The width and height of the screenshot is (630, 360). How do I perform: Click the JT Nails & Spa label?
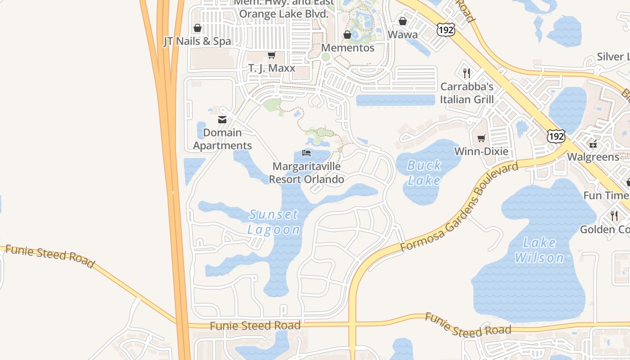[x=197, y=41]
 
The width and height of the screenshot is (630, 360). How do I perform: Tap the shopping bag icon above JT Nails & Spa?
[x=197, y=28]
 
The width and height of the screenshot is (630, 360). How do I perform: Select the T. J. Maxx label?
[x=272, y=68]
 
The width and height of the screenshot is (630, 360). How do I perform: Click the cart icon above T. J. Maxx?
[x=271, y=55]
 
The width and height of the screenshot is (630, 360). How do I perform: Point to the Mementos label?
[x=348, y=48]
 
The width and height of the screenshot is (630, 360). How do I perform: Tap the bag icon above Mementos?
[x=347, y=35]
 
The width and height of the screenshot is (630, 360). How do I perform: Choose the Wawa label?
[x=403, y=35]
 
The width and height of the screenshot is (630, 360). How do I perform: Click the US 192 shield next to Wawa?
[x=445, y=30]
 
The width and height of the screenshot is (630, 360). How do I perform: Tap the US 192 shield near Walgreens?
[x=556, y=136]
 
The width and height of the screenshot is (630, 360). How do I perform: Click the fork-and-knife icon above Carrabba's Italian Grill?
[x=467, y=73]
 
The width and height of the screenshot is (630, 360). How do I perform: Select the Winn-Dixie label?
[x=481, y=151]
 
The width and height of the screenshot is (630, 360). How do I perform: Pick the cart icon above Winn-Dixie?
[x=481, y=138]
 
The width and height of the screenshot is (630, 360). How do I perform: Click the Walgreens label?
[x=593, y=157]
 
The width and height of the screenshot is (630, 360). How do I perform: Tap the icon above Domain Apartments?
[x=222, y=120]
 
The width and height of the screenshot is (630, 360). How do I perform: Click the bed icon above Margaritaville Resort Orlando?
[x=306, y=153]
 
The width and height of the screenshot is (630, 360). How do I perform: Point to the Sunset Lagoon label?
[x=274, y=222]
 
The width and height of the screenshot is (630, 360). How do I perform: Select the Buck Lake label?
[x=424, y=173]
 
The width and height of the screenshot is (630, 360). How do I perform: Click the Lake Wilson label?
[x=539, y=250]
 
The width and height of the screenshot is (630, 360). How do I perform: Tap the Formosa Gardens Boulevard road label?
[x=459, y=207]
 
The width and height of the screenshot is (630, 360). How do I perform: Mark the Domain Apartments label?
[x=223, y=139]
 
